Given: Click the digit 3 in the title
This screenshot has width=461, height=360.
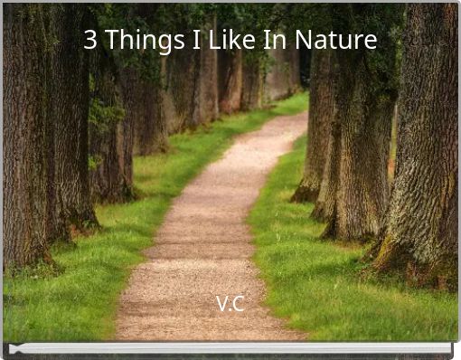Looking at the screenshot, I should point(89,41).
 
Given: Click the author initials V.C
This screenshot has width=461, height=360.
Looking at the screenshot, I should point(230,304).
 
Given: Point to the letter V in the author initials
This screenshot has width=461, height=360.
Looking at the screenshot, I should point(222,304).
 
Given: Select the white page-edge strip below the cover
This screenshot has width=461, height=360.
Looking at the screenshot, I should point(230,348).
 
